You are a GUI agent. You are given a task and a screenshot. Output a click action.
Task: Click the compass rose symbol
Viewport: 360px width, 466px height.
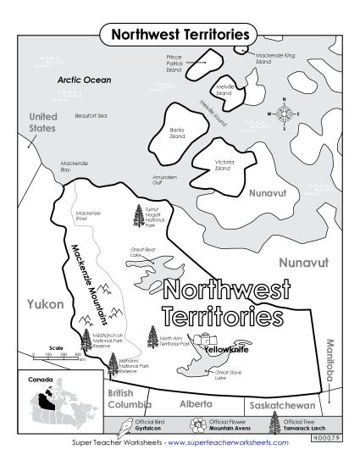pos(285,113)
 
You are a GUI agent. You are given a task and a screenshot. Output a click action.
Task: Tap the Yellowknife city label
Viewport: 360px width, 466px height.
pos(224,347)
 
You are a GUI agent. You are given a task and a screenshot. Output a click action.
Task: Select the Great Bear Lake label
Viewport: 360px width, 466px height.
pos(145,252)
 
